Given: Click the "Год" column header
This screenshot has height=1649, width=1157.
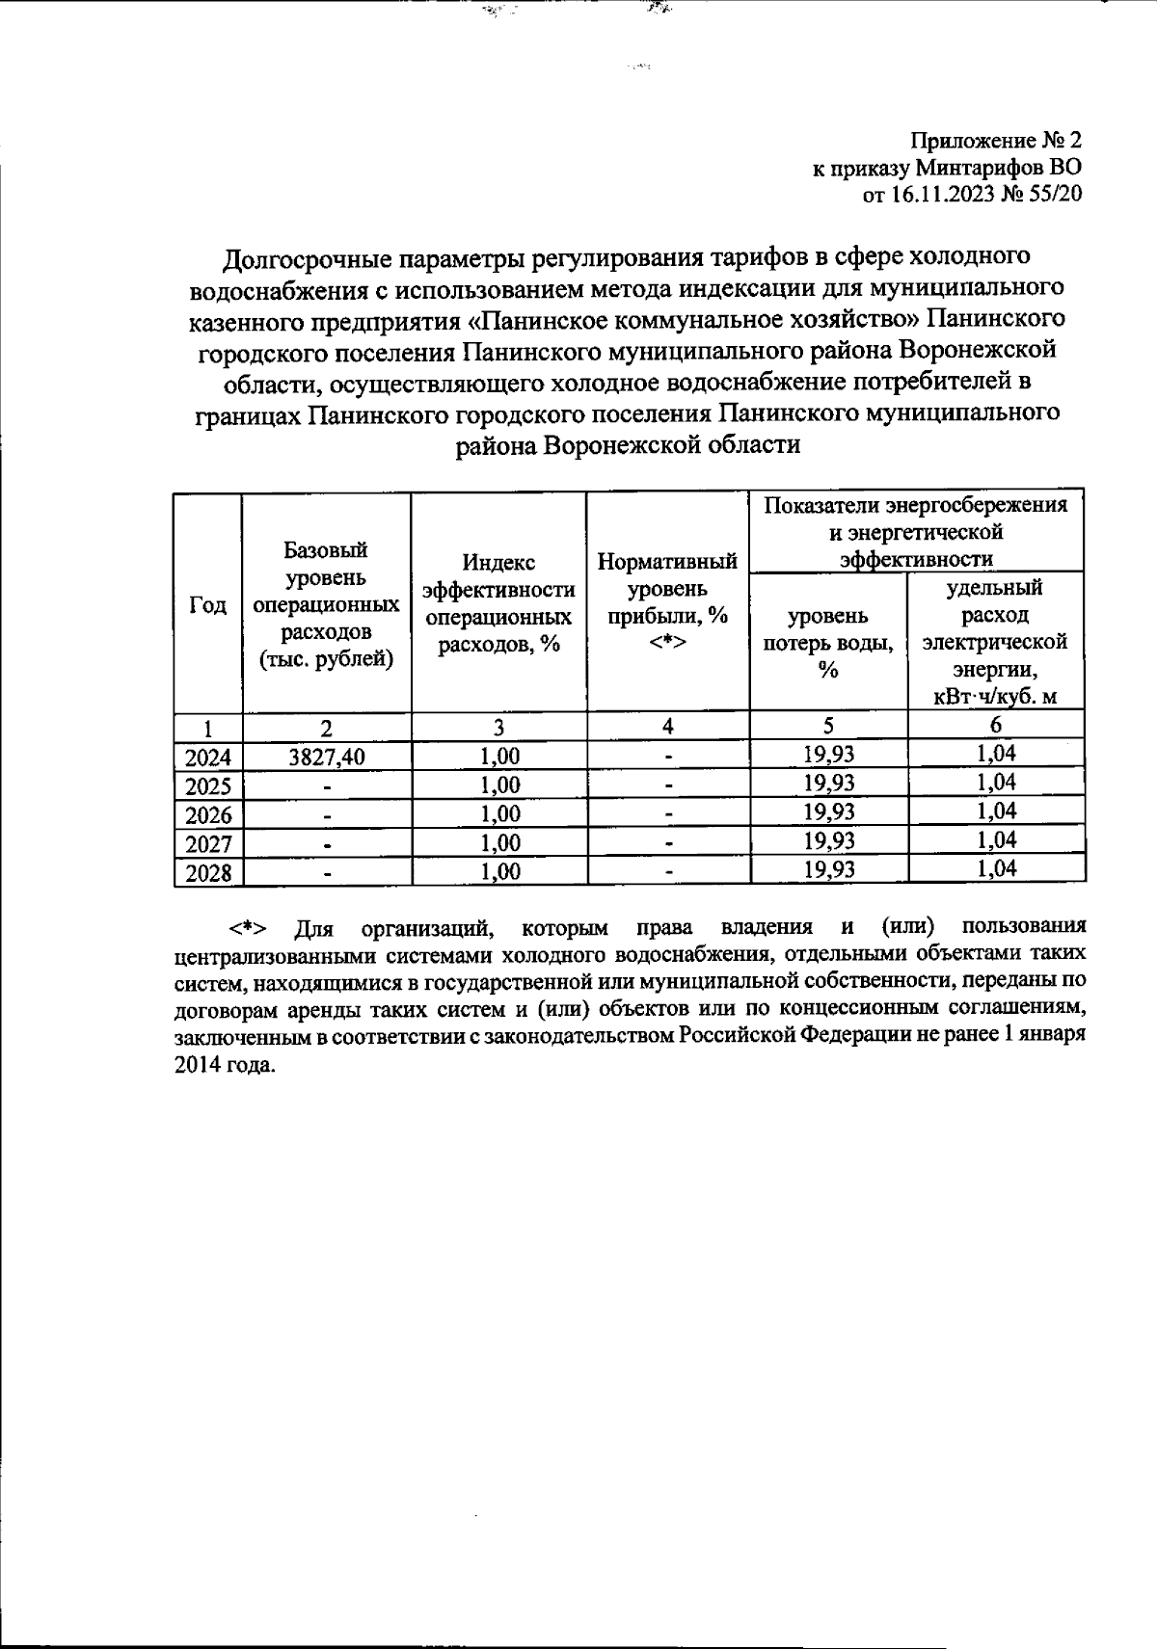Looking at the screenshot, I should tap(207, 605).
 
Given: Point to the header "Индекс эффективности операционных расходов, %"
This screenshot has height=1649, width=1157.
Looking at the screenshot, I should tap(498, 603).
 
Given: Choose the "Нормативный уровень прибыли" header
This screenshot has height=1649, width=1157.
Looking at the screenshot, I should tap(667, 601).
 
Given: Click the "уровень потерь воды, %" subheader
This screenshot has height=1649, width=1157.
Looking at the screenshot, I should tap(827, 642).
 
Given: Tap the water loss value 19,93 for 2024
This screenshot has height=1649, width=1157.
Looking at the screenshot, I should tap(828, 755).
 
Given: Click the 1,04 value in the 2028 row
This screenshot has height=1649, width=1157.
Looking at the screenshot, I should tap(996, 869).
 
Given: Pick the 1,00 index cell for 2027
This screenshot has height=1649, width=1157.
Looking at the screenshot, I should tap(499, 843).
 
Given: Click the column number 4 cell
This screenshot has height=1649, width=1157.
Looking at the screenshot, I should tap(667, 727).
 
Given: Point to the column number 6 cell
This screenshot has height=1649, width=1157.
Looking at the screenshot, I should tap(996, 726).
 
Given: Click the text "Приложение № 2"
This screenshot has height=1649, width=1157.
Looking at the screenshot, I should tap(997, 142).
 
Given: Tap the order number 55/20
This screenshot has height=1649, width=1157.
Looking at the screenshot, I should tap(1056, 196).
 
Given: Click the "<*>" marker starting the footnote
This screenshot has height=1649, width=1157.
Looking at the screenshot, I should tap(247, 928).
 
